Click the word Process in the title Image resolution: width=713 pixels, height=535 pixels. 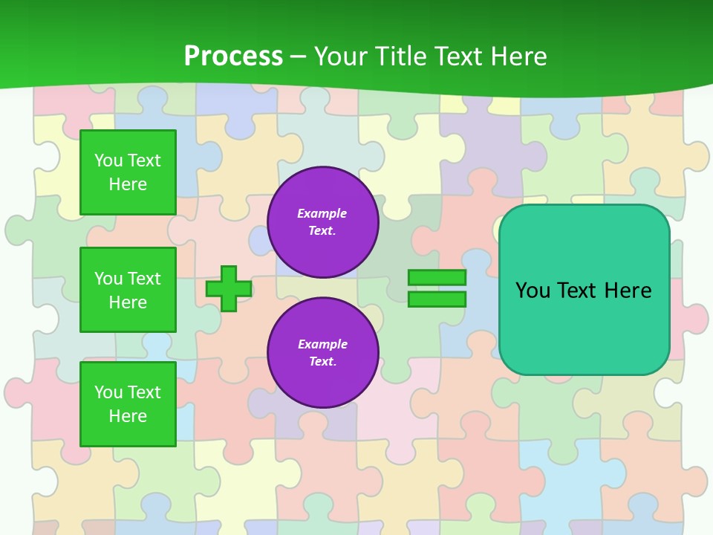[x=233, y=56]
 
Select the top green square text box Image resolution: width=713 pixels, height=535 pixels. [x=128, y=172]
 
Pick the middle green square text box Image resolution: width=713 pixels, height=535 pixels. [x=128, y=290]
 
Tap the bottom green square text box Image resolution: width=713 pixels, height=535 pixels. [x=128, y=403]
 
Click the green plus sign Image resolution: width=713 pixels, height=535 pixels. [x=229, y=288]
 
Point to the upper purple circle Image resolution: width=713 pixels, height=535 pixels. [x=322, y=222]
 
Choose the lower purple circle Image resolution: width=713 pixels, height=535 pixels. [x=322, y=353]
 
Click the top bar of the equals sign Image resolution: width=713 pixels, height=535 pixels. [x=437, y=278]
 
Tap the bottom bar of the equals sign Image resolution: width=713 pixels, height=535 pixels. [x=437, y=299]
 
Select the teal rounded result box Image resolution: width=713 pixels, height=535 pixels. [x=584, y=290]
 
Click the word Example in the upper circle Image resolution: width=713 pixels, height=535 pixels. [x=322, y=213]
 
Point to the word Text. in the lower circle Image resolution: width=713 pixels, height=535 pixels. [x=322, y=362]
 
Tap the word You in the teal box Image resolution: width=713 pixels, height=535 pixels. [x=533, y=291]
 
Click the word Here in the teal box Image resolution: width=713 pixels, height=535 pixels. [x=628, y=291]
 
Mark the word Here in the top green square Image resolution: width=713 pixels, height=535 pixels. [x=128, y=184]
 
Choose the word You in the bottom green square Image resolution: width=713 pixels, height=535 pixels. [x=108, y=392]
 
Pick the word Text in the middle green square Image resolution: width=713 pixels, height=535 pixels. [x=143, y=279]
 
